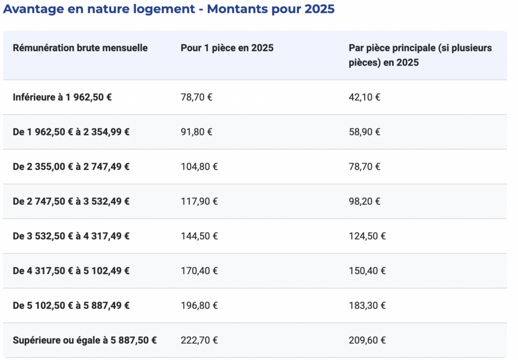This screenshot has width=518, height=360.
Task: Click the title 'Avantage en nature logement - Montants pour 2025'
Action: click(169, 10)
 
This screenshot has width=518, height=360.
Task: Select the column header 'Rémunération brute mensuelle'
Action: click(80, 48)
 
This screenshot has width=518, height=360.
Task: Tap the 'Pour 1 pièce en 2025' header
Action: click(227, 48)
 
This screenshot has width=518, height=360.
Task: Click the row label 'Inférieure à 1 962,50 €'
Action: click(62, 97)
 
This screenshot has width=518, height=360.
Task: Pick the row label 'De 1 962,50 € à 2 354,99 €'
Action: click(71, 132)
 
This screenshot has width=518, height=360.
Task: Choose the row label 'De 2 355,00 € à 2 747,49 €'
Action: click(71, 166)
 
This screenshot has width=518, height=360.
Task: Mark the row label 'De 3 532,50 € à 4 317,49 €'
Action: click(71, 236)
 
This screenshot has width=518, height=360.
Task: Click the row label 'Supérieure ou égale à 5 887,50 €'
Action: click(84, 340)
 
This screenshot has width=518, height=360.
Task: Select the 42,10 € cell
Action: click(364, 97)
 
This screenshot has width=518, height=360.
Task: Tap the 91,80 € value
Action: click(196, 132)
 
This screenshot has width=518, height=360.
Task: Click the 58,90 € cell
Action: click(364, 132)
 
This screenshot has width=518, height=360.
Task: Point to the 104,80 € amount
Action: click(199, 166)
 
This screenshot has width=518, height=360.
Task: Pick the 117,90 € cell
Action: click(199, 201)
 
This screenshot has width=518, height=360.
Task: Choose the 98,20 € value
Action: click(364, 201)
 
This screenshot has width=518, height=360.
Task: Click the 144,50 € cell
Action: click(199, 236)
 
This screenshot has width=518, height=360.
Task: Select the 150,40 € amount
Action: click(367, 271)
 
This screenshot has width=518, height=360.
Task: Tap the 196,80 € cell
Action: click(199, 305)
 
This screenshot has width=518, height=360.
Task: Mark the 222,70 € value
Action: click(199, 340)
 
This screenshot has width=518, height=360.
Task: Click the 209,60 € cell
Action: click(367, 340)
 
